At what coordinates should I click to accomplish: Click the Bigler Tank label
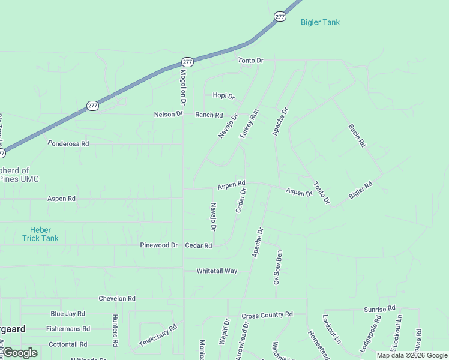pyautogui.click(x=320, y=23)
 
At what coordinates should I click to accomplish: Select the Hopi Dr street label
pyautogui.click(x=223, y=95)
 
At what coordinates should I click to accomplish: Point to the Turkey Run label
pyautogui.click(x=249, y=124)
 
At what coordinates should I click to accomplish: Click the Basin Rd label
pyautogui.click(x=357, y=136)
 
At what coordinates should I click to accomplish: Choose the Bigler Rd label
pyautogui.click(x=361, y=190)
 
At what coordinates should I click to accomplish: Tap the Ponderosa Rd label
pyautogui.click(x=68, y=144)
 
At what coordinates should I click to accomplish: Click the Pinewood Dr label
pyautogui.click(x=159, y=245)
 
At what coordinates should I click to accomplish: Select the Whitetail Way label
pyautogui.click(x=217, y=271)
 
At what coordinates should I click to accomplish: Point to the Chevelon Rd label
pyautogui.click(x=118, y=299)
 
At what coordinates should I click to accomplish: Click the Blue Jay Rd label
pyautogui.click(x=68, y=314)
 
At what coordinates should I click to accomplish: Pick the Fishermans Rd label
pyautogui.click(x=68, y=329)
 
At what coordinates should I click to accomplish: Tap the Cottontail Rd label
pyautogui.click(x=68, y=344)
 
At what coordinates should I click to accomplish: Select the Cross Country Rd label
pyautogui.click(x=267, y=315)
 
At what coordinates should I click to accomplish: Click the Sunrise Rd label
pyautogui.click(x=379, y=308)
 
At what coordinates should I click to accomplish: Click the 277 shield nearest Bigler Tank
pyautogui.click(x=280, y=17)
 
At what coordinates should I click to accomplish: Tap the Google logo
pyautogui.click(x=20, y=353)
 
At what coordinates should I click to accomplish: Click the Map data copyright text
pyautogui.click(x=412, y=355)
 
